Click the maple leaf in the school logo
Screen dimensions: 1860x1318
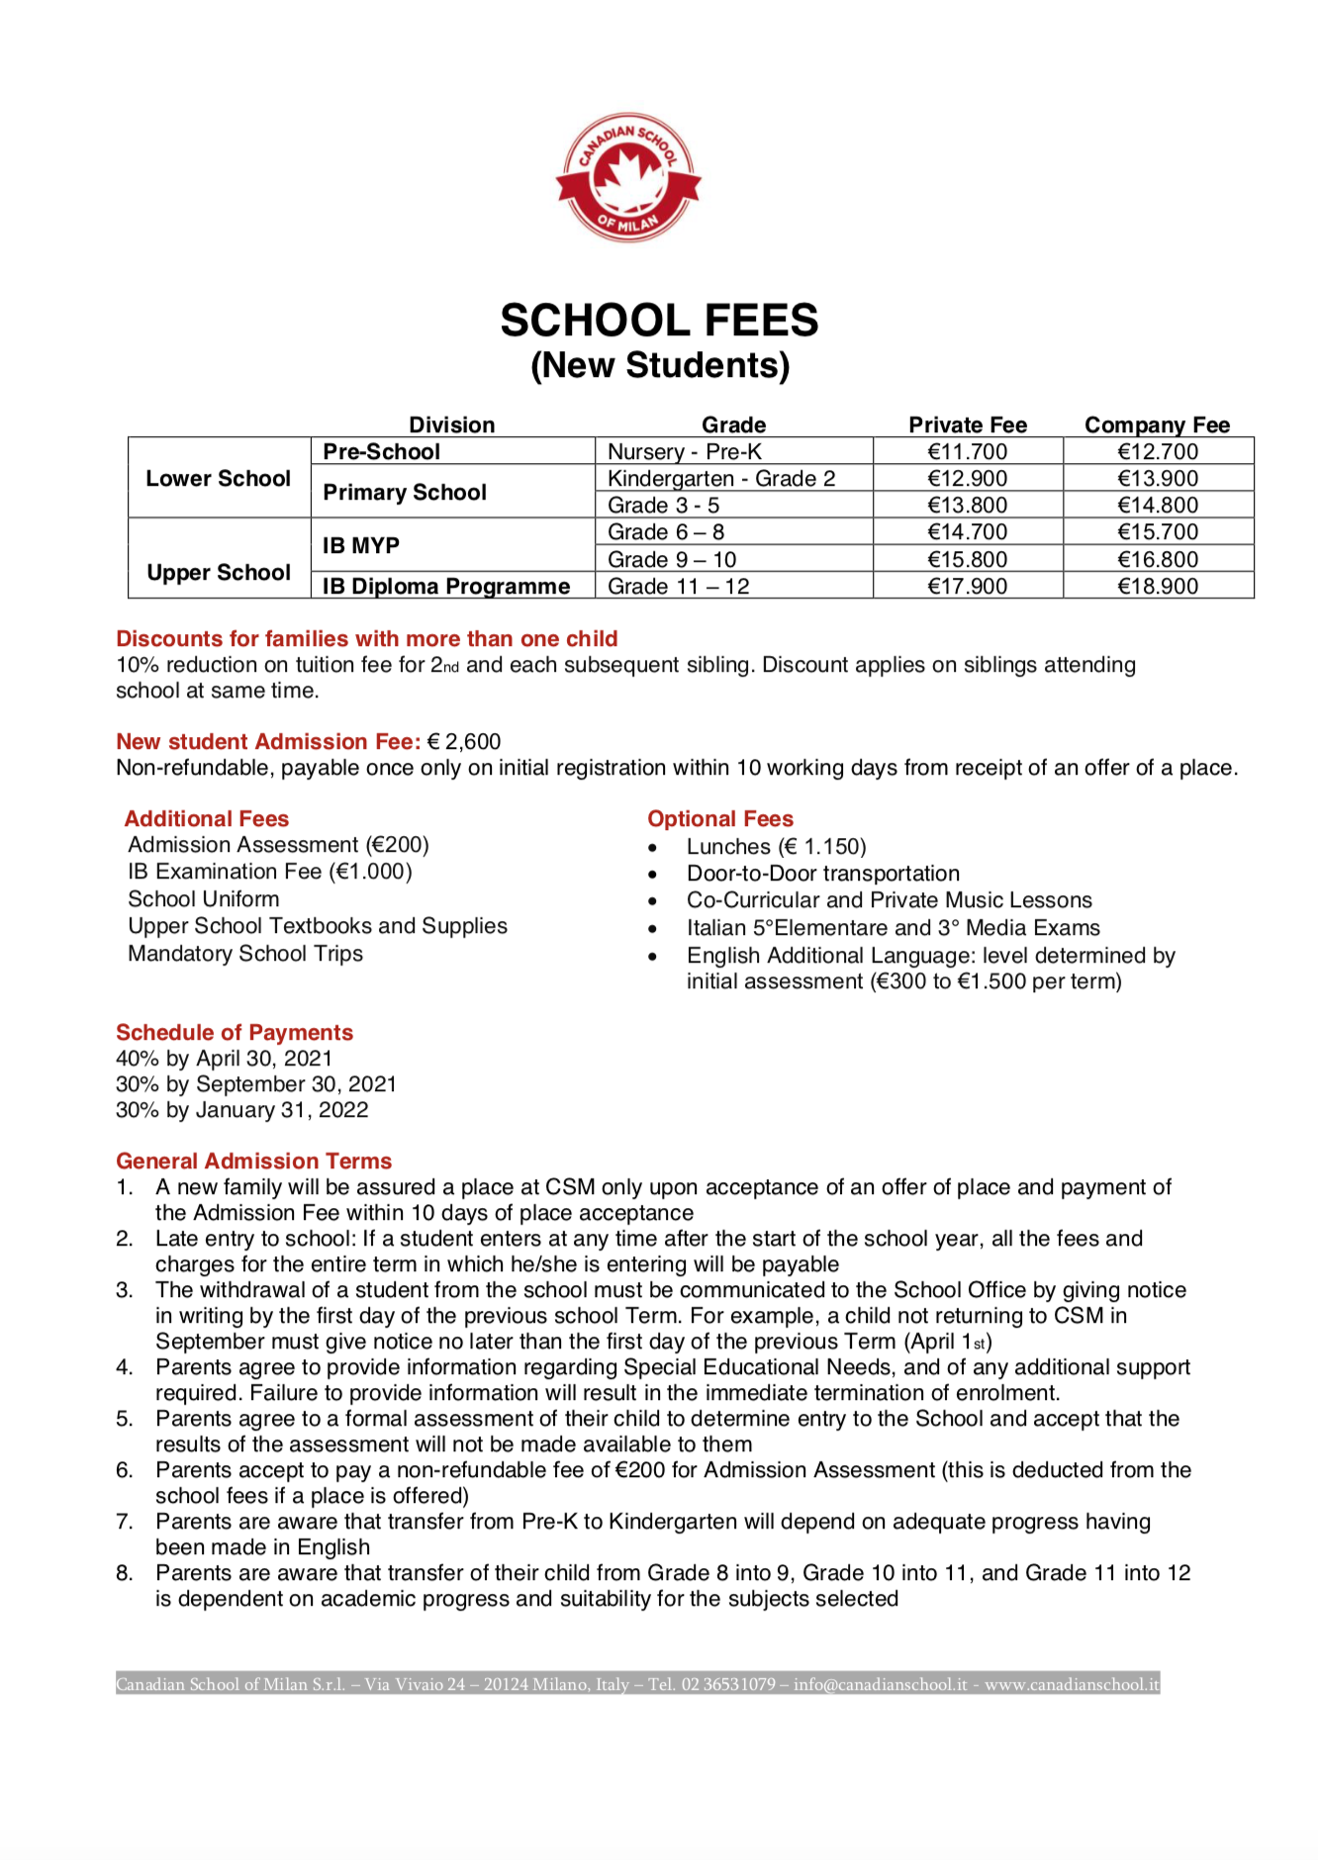(627, 175)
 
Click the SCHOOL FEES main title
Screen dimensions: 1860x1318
(659, 321)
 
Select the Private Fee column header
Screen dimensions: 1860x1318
(967, 424)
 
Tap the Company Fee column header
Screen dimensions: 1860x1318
(1157, 424)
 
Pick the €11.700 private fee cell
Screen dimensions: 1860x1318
(967, 451)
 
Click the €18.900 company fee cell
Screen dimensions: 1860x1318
(1157, 586)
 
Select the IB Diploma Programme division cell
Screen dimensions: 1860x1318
(445, 586)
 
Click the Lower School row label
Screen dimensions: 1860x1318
(218, 478)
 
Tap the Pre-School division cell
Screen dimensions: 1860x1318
(381, 451)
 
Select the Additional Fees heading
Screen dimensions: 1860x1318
(206, 818)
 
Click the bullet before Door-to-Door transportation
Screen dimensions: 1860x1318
(652, 875)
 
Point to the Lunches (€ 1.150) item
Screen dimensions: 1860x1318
(776, 846)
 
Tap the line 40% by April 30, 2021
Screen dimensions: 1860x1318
(224, 1058)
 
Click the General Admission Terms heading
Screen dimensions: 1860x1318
(253, 1161)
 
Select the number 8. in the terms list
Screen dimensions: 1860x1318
(124, 1572)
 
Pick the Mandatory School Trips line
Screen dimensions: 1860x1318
(244, 953)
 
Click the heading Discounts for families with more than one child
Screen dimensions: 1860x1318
(366, 638)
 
